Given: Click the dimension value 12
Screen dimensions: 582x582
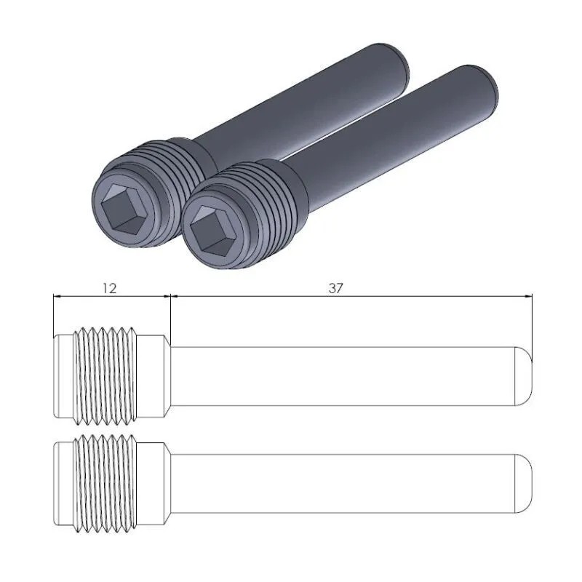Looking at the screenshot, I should tap(109, 288).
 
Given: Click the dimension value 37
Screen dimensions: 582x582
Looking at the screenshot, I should tap(335, 288).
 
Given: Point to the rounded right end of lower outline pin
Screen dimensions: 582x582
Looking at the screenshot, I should tap(525, 481).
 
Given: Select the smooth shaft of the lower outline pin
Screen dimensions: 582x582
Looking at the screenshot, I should tap(342, 481).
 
